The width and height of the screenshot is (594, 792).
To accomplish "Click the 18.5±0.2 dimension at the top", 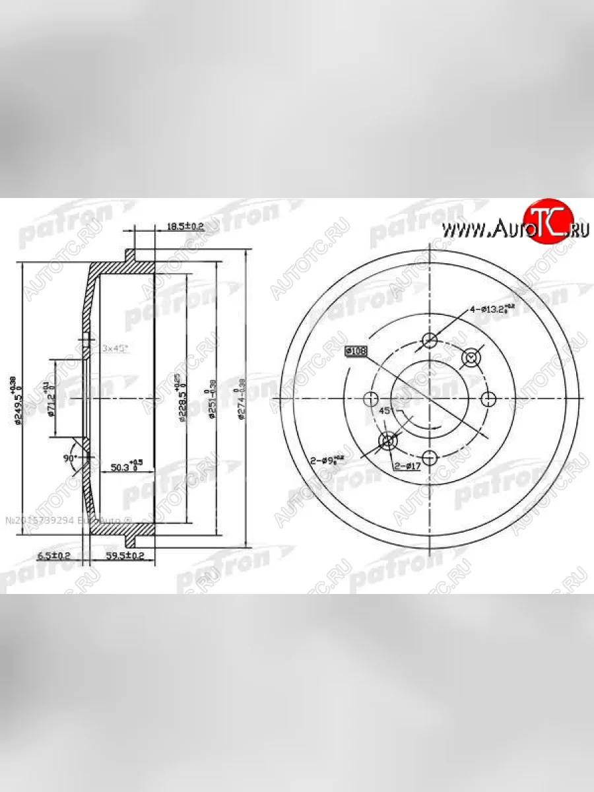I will pyautogui.click(x=166, y=226).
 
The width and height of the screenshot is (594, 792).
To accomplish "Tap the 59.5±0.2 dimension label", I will pyautogui.click(x=125, y=556).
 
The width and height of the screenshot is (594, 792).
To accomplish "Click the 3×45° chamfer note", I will pyautogui.click(x=115, y=347).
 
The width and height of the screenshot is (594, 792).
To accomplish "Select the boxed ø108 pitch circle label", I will pyautogui.click(x=356, y=351).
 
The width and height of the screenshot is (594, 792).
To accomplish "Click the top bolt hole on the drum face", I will pyautogui.click(x=430, y=341).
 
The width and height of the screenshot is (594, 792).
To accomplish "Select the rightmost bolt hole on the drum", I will pyautogui.click(x=488, y=399).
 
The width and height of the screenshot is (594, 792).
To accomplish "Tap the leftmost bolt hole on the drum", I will pyautogui.click(x=371, y=399).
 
